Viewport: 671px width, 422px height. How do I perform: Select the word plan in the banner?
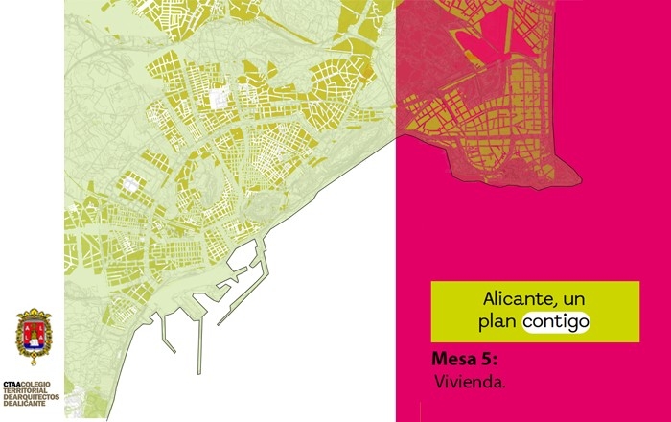[x=498, y=322]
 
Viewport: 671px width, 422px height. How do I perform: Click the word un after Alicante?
[x=570, y=297]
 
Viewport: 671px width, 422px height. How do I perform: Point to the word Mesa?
[x=455, y=361]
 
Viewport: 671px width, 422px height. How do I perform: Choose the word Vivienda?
[x=469, y=382]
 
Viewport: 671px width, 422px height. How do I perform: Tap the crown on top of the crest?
[x=34, y=314]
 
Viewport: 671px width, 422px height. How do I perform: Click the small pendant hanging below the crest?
[x=34, y=362]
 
